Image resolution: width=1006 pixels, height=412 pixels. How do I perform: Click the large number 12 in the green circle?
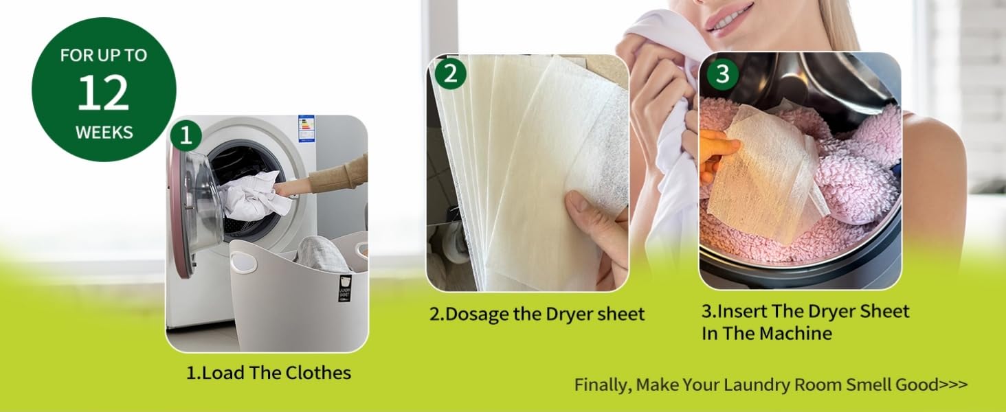coord(103,92)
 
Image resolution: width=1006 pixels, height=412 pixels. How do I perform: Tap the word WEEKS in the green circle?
coord(104,133)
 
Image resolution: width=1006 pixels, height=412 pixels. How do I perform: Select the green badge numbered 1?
coord(186,135)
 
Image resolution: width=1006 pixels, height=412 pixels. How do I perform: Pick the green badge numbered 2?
coord(451,73)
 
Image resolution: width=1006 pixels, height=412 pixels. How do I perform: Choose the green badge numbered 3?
coord(723,73)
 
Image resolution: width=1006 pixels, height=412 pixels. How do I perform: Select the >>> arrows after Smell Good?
coord(953,385)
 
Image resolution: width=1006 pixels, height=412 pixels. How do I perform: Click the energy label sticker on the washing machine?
coord(306,129)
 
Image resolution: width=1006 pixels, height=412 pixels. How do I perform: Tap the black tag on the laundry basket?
coord(344,288)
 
